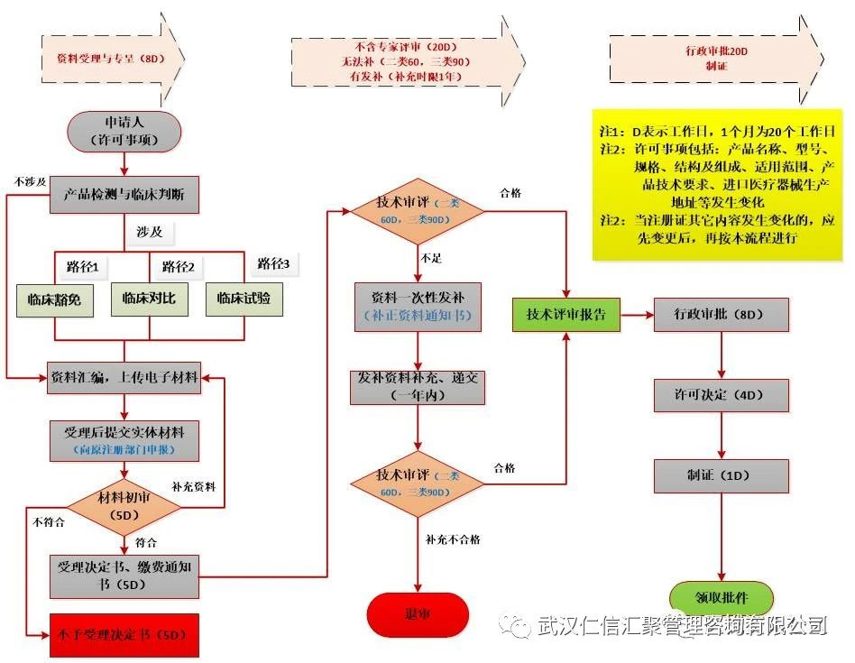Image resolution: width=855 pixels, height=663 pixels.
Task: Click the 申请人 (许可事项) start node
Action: [124, 132]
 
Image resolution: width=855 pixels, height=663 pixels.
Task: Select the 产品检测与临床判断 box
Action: [124, 193]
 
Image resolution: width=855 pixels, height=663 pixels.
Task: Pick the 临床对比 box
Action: [150, 299]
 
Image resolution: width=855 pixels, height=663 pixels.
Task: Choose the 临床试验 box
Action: [244, 299]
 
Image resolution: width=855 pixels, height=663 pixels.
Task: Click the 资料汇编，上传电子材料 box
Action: [124, 378]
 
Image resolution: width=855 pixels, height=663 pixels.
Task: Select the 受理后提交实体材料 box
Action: [124, 439]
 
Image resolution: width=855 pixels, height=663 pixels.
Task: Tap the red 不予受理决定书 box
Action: [124, 635]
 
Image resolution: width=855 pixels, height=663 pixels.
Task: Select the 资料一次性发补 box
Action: [418, 307]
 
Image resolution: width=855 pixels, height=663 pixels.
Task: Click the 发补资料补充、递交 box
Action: [418, 386]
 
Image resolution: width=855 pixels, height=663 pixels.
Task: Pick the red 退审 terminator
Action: [418, 614]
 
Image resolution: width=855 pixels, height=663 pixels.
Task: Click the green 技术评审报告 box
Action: [566, 315]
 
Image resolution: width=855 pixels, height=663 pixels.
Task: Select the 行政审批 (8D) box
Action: [721, 315]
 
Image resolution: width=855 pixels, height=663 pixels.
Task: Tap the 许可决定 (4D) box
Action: [721, 394]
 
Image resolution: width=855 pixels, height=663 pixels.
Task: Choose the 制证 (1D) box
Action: [721, 474]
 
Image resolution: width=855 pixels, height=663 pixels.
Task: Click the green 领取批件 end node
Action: [721, 597]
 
